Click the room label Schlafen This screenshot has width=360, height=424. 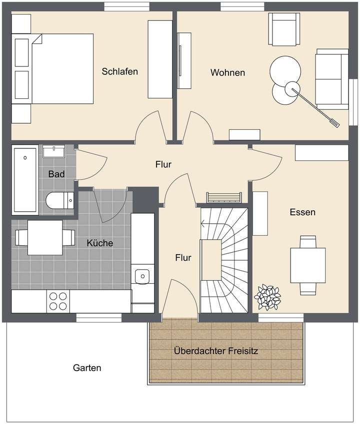tap(119, 71)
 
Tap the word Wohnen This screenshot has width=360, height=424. tap(227, 73)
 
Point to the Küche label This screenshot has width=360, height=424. tap(100, 243)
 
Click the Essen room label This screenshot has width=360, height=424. tap(302, 212)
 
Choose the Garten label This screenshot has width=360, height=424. tap(87, 368)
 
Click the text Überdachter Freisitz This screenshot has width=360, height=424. tap(216, 351)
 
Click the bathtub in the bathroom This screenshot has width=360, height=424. tap(25, 178)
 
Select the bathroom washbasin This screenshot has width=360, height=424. tap(53, 151)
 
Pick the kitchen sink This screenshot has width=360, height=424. tap(142, 276)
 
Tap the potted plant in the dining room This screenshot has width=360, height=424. tap(268, 297)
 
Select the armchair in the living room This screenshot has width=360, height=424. tap(284, 29)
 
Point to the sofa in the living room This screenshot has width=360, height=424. tap(331, 79)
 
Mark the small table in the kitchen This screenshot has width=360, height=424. tap(44, 237)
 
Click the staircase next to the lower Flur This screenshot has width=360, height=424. tap(223, 260)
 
